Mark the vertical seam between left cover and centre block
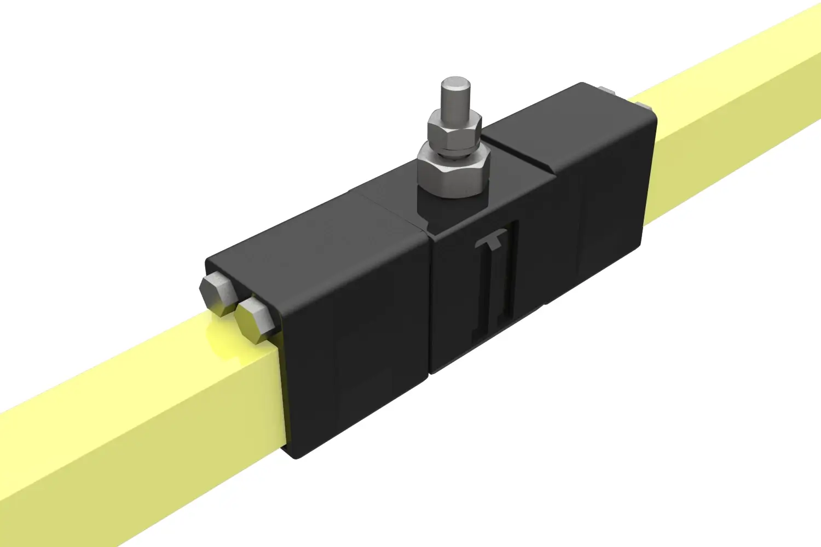[x=430, y=306]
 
